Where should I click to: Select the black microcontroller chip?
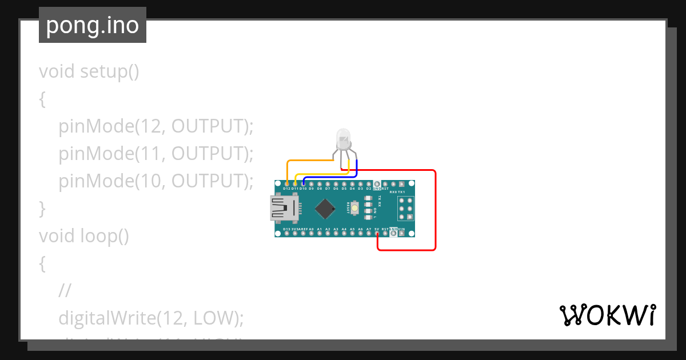[325, 208]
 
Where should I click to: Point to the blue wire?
[332, 177]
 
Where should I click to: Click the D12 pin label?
[286, 188]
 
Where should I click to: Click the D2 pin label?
[369, 188]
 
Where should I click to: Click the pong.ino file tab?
[93, 25]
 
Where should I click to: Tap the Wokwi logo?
[607, 315]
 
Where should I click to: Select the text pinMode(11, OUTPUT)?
[155, 154]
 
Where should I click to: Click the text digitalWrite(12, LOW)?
[151, 317]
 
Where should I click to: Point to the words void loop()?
[83, 235]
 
